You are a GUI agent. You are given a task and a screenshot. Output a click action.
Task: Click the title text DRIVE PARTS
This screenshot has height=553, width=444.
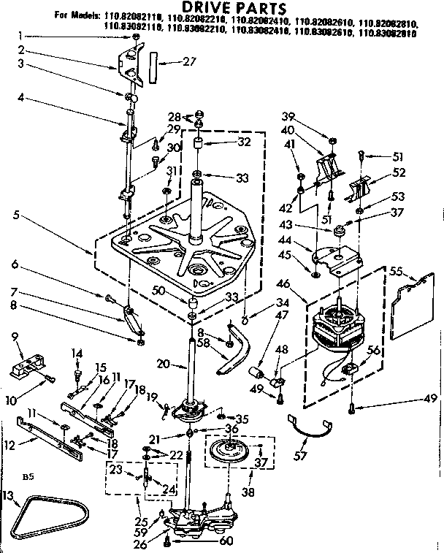(x=222, y=7)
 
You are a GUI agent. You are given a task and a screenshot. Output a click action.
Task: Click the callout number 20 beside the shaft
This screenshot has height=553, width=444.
(x=165, y=364)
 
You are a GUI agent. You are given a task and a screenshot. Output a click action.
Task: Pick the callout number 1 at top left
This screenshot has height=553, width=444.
(x=20, y=35)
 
